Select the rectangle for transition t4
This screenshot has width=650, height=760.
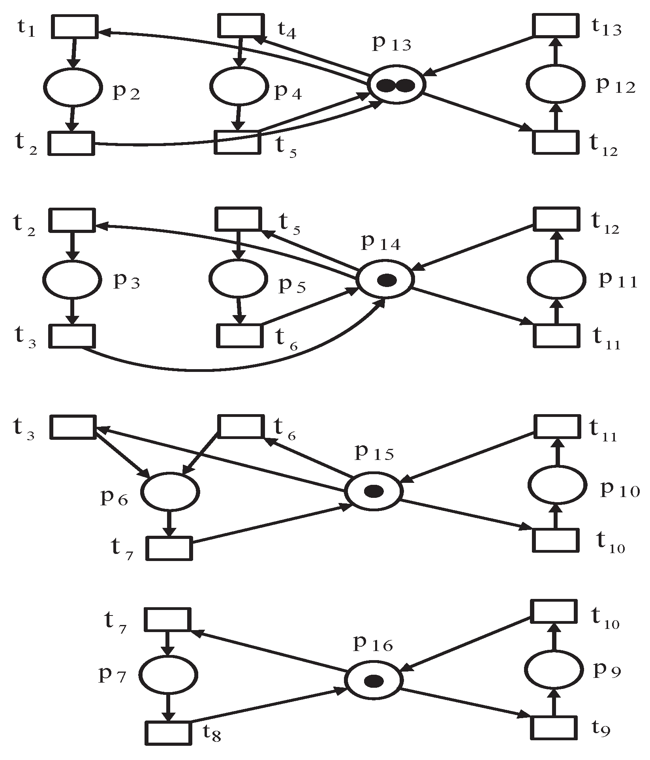click(x=240, y=26)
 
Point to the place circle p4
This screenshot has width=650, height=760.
click(x=238, y=86)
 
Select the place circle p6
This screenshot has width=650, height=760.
click(x=170, y=492)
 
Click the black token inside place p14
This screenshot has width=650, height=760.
click(x=387, y=280)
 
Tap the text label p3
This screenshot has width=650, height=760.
click(x=126, y=281)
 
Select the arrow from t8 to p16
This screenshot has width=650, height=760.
click(x=269, y=706)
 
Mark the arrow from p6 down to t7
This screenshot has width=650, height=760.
click(x=169, y=523)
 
